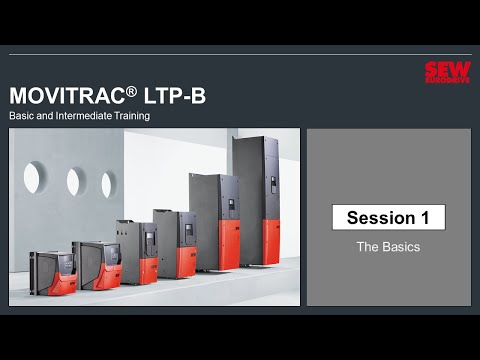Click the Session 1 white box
click(388, 217)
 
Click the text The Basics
click(388, 245)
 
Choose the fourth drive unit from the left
click(174, 243)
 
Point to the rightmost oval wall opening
click(108, 184)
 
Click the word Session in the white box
click(378, 217)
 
